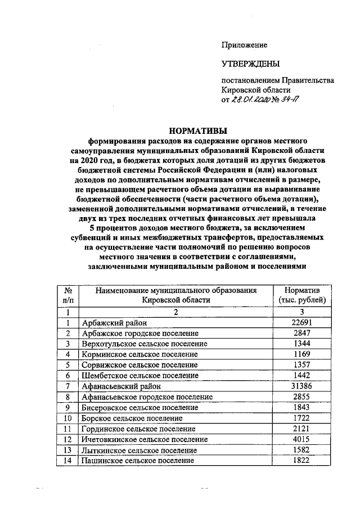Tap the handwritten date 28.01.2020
coord(251,101)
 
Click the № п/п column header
coord(67,295)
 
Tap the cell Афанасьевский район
coord(120,386)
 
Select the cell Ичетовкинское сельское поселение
coord(145,439)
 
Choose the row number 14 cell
coord(67,461)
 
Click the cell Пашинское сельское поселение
coord(138,461)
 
